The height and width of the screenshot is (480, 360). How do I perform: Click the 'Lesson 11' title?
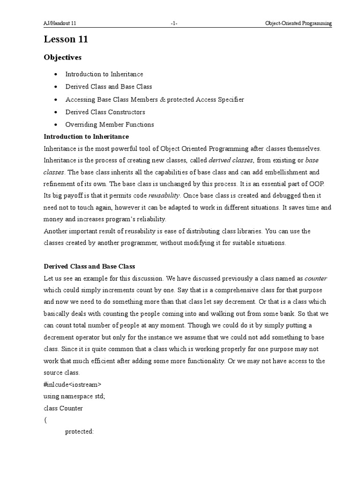click(x=66, y=40)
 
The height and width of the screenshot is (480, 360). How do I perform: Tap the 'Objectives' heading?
click(x=62, y=58)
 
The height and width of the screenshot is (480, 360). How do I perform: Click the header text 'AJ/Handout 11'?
click(x=60, y=23)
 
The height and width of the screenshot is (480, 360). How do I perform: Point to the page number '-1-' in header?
click(x=174, y=23)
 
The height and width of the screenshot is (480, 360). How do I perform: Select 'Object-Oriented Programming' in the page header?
click(x=298, y=23)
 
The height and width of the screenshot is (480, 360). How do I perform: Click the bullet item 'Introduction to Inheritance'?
click(x=104, y=74)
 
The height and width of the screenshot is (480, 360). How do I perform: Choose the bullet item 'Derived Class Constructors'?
click(x=105, y=112)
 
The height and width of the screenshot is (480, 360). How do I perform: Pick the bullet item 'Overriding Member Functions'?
click(x=109, y=125)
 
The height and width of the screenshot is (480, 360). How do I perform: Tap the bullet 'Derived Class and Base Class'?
click(x=108, y=87)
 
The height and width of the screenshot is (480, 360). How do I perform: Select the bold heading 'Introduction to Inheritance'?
click(x=86, y=136)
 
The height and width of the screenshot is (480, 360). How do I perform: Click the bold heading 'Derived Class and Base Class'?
click(x=89, y=266)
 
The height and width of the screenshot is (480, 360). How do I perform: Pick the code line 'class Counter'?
click(x=63, y=408)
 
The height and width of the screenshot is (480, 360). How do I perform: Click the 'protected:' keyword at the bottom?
click(x=79, y=432)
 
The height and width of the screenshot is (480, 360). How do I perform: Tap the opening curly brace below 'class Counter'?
click(x=45, y=420)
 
